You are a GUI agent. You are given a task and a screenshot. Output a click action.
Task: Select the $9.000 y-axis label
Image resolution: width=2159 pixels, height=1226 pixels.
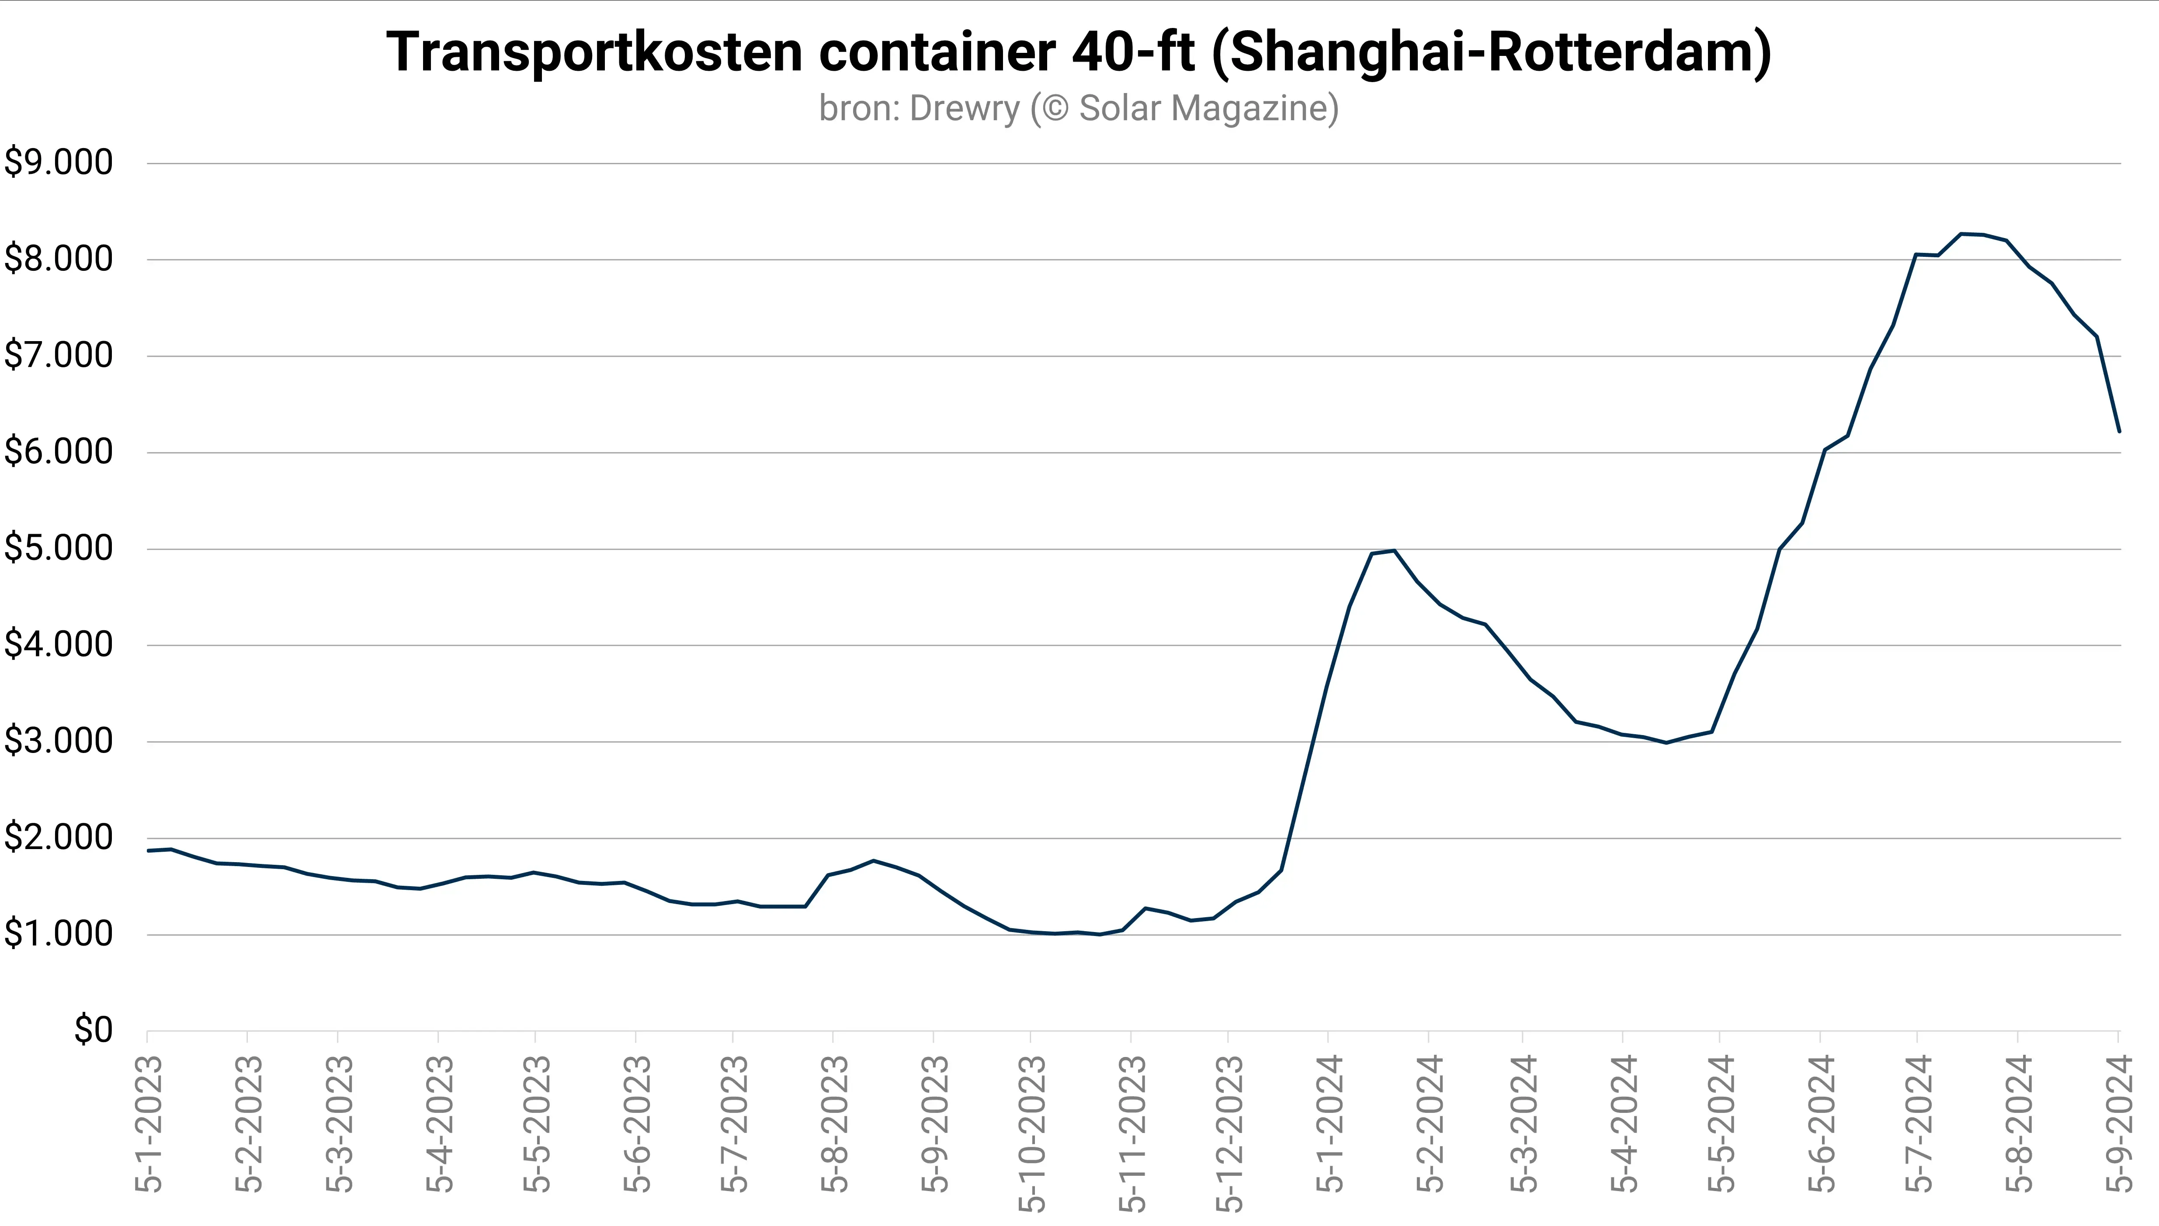coord(58,162)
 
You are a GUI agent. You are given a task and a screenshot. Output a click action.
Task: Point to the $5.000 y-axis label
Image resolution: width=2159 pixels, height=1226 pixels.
coord(58,548)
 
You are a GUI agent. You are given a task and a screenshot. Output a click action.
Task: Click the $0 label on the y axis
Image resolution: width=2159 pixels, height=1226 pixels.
coord(93,1030)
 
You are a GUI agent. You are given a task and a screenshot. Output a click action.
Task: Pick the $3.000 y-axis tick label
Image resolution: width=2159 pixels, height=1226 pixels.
coord(58,741)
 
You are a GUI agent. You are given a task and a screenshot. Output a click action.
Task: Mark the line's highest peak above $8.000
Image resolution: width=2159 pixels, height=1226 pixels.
coord(1961,233)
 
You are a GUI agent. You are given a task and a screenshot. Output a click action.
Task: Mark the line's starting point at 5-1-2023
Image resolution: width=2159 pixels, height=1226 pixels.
coord(148,850)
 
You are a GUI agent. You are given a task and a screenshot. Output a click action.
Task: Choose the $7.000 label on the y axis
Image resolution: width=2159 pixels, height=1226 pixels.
coord(58,356)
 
